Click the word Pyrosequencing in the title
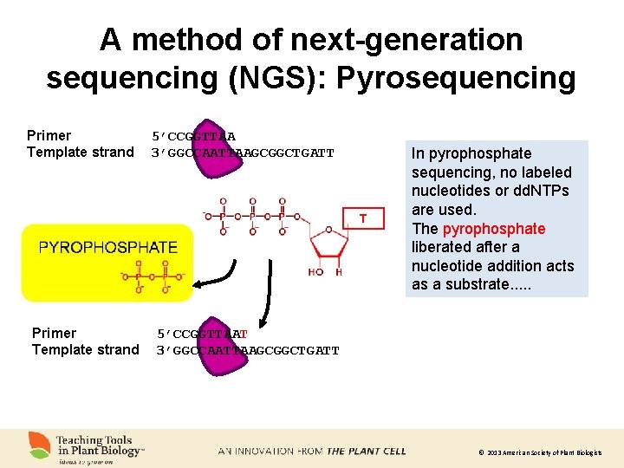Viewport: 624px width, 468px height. pos(456,78)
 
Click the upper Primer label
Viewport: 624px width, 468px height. pos(49,135)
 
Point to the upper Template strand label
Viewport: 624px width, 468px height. pos(81,153)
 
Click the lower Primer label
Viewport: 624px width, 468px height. pos(55,333)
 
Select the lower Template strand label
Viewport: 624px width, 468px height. pos(86,350)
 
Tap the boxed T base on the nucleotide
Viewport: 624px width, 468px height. pos(363,218)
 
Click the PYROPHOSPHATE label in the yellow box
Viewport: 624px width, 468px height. pos(107,247)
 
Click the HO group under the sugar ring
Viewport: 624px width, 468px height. pos(315,272)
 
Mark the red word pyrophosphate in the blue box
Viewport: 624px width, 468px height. pos(494,229)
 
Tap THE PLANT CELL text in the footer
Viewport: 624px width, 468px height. pos(366,452)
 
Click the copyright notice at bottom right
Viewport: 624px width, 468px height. pos(539,453)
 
